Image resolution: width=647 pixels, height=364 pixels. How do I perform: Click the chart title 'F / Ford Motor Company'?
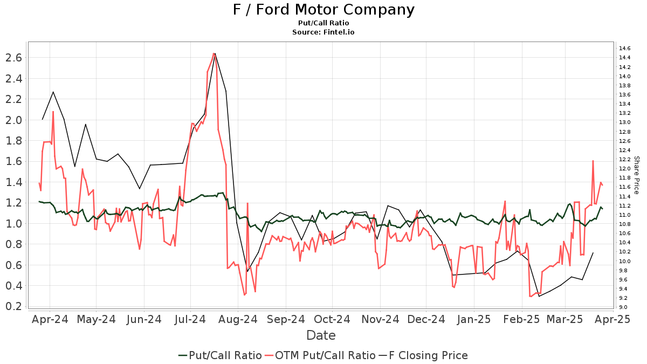pos(323,10)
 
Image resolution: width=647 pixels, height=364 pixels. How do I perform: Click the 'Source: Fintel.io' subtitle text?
pos(323,32)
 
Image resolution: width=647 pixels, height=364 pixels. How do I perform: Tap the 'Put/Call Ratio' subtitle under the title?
pos(323,23)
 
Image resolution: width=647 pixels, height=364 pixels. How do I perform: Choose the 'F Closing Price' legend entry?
pos(423,355)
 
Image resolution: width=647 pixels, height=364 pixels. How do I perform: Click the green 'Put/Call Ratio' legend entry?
pos(221,355)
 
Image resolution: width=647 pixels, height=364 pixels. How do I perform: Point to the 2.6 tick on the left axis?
pos(15,58)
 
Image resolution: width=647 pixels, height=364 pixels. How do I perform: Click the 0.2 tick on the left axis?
pos(15,306)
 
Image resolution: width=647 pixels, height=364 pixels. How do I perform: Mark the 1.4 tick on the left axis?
pos(15,182)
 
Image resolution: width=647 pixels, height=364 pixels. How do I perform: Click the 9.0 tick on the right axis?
pos(623,307)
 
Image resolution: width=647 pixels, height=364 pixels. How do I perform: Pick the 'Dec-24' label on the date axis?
pos(426,319)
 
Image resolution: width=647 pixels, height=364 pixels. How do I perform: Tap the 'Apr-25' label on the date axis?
pos(612,319)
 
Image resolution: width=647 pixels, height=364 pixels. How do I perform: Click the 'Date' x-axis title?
pos(321,335)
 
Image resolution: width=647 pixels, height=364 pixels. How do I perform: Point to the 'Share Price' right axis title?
pos(636,175)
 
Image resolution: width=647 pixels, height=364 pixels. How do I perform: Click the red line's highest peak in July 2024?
pos(214,53)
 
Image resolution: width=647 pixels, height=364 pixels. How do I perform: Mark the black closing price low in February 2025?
pos(539,296)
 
